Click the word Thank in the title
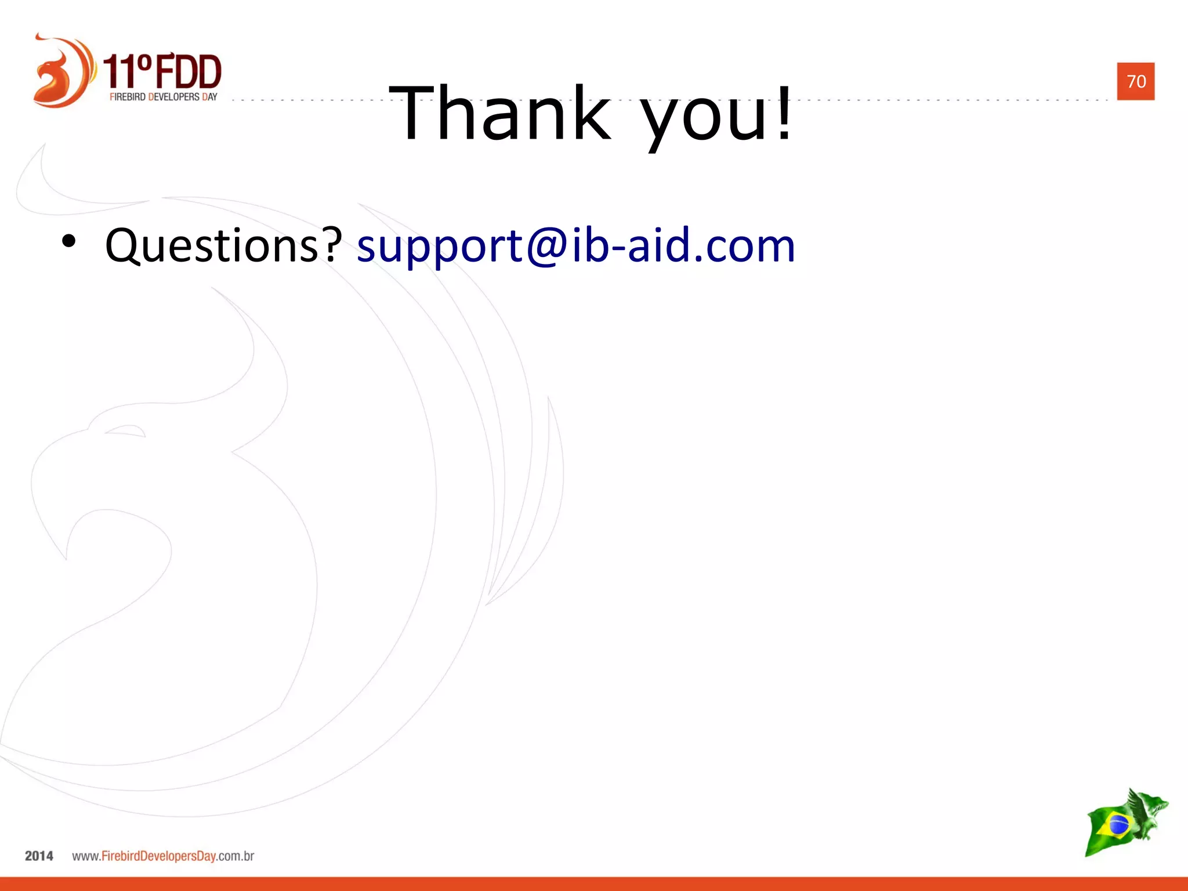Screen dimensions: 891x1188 (x=500, y=113)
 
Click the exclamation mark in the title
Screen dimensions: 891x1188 (x=784, y=113)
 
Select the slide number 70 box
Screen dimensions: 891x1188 (x=1135, y=81)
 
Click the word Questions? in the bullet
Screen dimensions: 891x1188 (x=223, y=246)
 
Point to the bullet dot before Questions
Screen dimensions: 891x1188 (x=68, y=242)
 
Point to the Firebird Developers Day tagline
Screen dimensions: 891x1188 (x=163, y=97)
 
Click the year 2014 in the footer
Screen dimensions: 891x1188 (x=39, y=856)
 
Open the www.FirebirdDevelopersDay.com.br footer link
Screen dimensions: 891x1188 (x=163, y=856)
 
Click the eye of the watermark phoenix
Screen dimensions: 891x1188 (x=125, y=431)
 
